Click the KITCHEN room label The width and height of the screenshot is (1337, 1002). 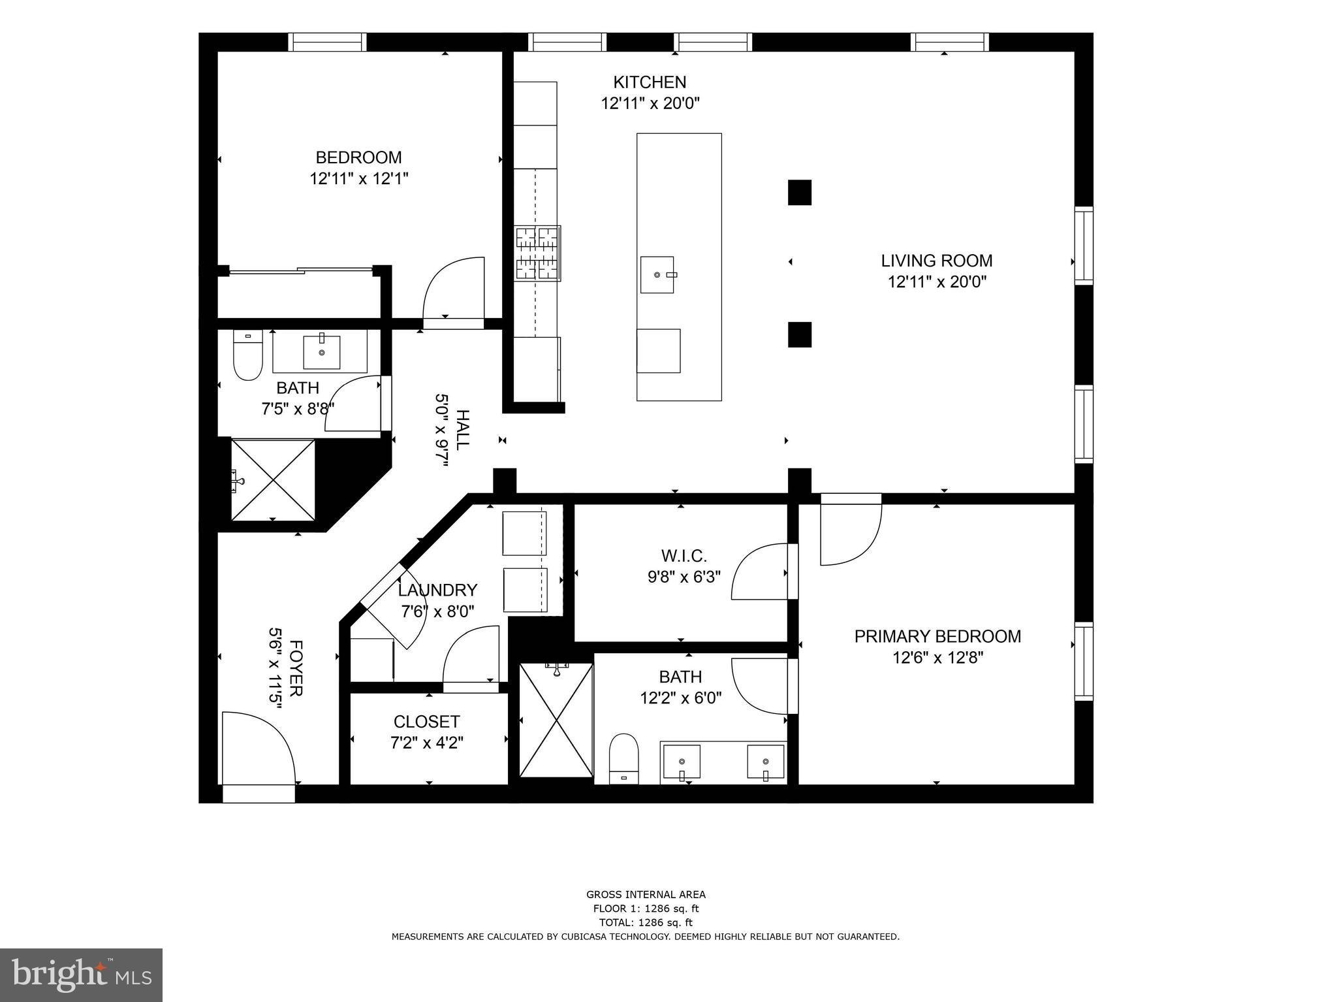(649, 82)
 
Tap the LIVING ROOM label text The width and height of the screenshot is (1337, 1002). (936, 261)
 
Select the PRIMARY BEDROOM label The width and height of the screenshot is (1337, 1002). (937, 636)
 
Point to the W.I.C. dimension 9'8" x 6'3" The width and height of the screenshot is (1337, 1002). (683, 577)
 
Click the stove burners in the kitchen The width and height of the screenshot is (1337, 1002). (537, 253)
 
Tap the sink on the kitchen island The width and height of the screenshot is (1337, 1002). (657, 274)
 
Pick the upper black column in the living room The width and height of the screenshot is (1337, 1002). (799, 193)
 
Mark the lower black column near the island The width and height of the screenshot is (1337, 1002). (799, 334)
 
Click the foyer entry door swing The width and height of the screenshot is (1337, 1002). (258, 748)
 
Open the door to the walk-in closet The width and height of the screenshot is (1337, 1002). (761, 572)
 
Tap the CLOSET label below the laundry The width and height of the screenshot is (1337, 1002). (426, 722)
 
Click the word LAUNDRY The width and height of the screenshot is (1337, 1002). (437, 590)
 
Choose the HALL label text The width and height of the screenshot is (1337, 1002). (462, 430)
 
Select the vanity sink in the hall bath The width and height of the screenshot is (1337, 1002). (321, 352)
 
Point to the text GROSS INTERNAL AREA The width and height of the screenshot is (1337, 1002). (645, 895)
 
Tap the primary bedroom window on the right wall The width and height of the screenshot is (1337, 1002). (1083, 662)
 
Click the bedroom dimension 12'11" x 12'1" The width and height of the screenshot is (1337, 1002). (358, 178)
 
